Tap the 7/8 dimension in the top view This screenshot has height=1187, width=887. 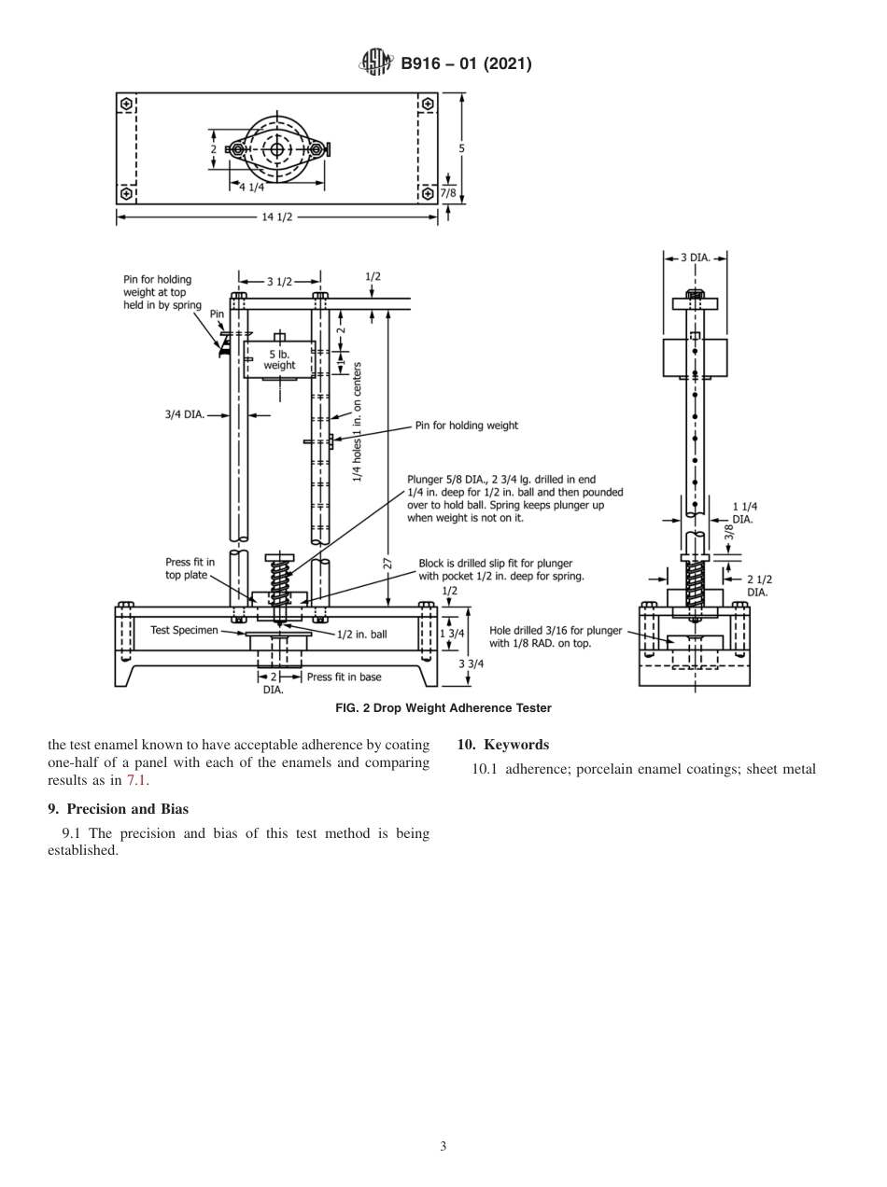448,194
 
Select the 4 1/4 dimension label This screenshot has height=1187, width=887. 252,187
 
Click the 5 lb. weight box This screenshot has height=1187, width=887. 279,359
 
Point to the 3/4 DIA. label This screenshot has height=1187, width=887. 185,413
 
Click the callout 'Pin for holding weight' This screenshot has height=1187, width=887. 466,426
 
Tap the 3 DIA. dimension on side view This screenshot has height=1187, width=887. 695,257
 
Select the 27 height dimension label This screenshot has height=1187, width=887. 387,563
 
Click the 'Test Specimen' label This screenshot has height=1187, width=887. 184,630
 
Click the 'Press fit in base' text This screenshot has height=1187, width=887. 344,677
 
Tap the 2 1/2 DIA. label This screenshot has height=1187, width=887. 758,585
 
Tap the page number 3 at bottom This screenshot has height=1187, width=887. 443,1146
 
